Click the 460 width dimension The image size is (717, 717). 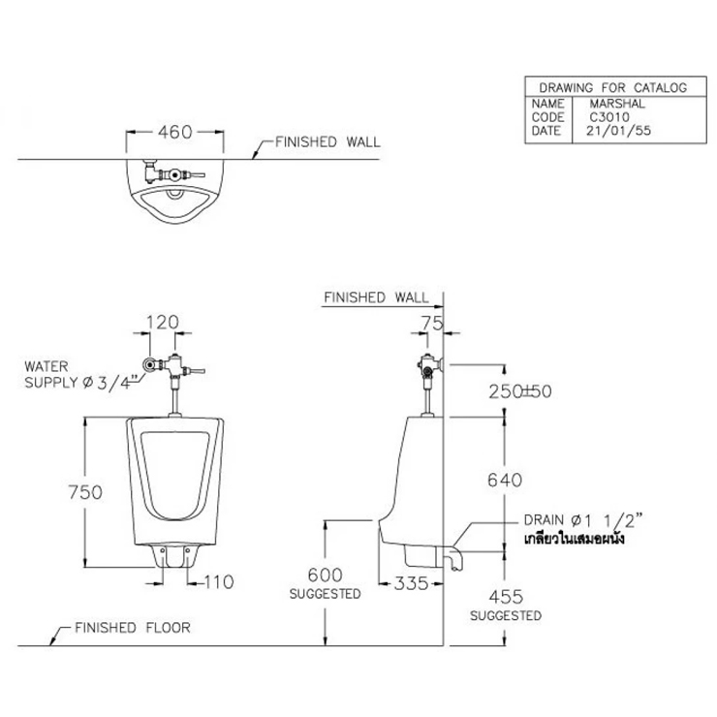175,132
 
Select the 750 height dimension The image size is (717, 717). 85,492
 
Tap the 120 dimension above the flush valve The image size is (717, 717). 163,323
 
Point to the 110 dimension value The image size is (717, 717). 219,582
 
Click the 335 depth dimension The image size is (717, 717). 411,583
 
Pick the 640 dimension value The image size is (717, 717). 505,481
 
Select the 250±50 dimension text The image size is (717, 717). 520,391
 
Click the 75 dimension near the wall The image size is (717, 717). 432,324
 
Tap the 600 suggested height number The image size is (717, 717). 326,575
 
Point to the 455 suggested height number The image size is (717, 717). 506,597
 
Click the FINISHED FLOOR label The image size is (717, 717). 133,628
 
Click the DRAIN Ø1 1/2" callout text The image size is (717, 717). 583,520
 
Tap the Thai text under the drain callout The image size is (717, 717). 574,539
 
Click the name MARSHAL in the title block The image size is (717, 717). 617,104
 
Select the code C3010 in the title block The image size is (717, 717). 609,117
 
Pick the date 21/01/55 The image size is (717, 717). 618,131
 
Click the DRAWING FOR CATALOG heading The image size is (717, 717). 612,87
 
